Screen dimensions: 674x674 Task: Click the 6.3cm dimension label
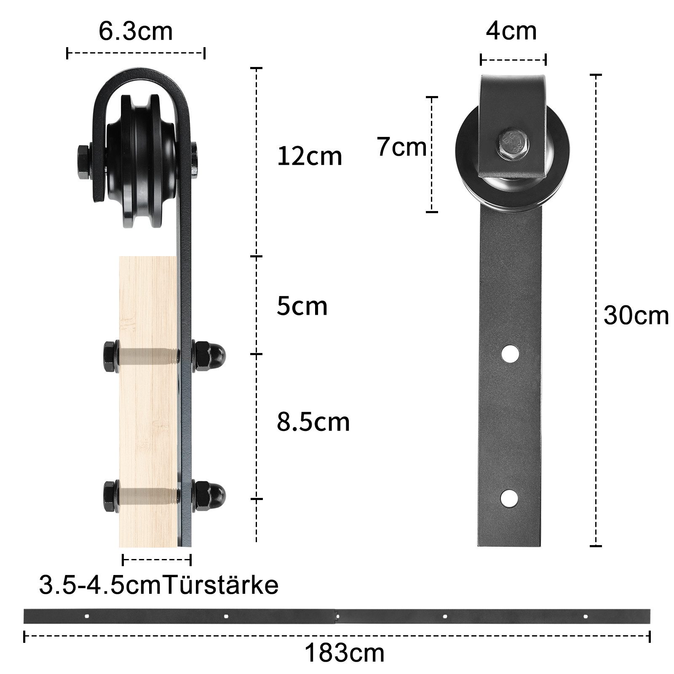coord(136,31)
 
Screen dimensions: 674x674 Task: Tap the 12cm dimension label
coord(309,157)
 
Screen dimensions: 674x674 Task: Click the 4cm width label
coord(511,31)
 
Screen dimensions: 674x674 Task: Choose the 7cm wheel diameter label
coord(401,147)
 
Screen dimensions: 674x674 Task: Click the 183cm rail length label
coord(344,653)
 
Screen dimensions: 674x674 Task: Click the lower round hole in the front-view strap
coord(510,498)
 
